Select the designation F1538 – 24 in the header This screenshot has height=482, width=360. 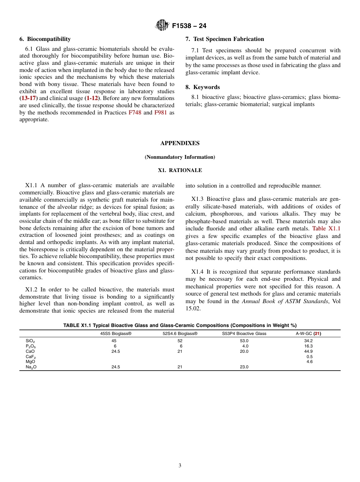point(189,26)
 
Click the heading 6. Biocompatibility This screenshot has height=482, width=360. point(45,39)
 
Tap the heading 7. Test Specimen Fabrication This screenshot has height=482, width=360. point(225,39)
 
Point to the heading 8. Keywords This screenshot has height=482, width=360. point(203,87)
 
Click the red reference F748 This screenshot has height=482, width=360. point(135,113)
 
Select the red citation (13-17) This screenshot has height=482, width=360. point(28,98)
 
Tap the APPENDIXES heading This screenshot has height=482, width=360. point(180,143)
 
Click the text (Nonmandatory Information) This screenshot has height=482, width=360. point(180,157)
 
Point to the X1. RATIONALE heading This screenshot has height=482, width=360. point(180,171)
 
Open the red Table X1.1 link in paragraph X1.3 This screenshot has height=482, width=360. point(326,228)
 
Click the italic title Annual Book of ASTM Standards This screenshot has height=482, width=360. point(285,301)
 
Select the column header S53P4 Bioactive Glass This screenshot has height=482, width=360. point(244,333)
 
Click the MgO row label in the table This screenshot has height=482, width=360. point(30,361)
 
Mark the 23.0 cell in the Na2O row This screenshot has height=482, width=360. point(244,367)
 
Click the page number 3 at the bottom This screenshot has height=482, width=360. point(180,465)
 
